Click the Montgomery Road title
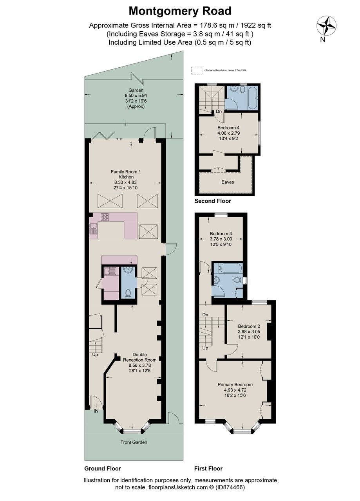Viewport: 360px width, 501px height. (180, 11)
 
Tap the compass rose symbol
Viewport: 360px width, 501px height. (326, 25)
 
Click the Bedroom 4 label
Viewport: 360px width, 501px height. (228, 128)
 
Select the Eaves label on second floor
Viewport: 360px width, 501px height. (228, 182)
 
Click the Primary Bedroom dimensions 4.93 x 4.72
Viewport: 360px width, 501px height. (235, 390)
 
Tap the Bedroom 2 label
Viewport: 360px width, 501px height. (249, 326)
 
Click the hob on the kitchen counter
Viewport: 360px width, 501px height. (105, 217)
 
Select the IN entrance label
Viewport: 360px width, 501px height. (96, 411)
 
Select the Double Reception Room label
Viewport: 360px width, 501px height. (139, 357)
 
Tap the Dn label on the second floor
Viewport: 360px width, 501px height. (219, 112)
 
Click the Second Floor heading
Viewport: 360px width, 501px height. (213, 201)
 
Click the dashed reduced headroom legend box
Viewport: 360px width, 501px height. (196, 70)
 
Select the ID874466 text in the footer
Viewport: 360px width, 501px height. (231, 488)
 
